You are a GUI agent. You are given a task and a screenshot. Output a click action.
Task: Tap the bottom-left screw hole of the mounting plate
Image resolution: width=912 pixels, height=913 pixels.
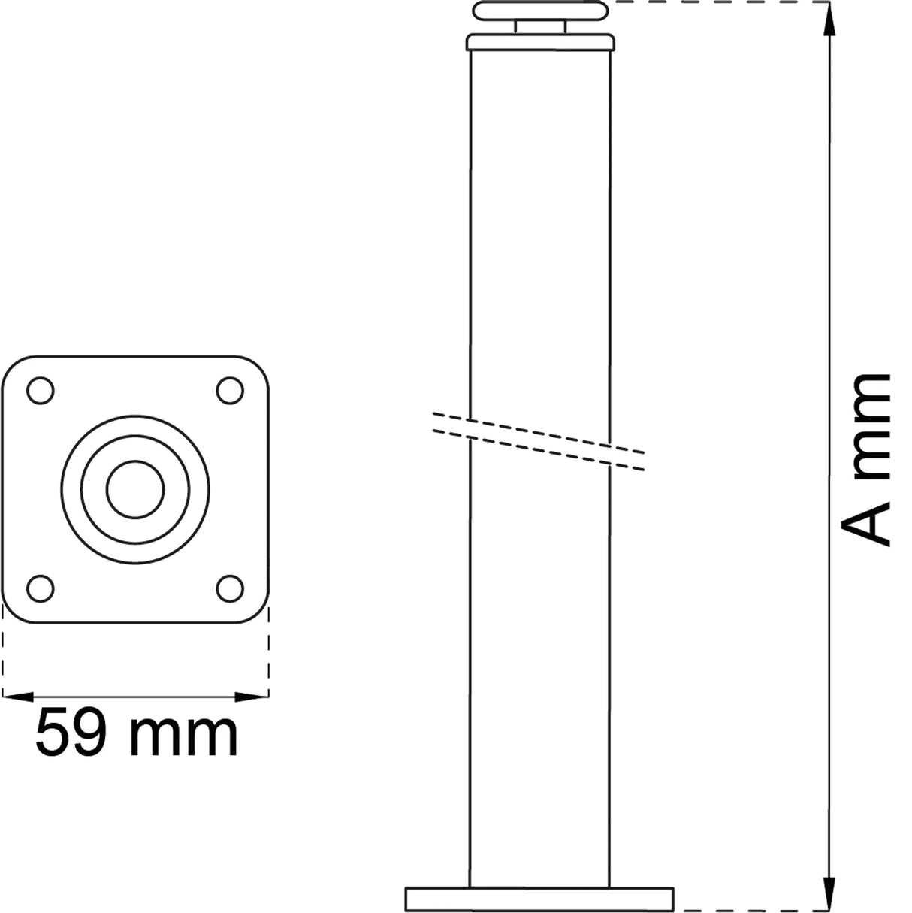point(40,588)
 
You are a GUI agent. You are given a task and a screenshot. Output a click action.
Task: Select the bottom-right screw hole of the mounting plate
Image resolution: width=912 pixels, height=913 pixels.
point(230,588)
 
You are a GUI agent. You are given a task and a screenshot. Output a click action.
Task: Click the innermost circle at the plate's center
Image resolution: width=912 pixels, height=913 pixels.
point(135,489)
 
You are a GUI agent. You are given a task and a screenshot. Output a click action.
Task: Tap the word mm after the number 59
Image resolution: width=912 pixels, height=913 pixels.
point(183,733)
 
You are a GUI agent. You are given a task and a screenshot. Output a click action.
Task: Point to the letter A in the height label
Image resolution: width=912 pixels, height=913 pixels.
point(865,519)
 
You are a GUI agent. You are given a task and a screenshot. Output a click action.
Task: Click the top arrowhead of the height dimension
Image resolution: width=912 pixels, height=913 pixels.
point(828,20)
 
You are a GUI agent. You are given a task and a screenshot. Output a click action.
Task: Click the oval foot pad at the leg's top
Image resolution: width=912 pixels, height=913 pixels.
point(539,11)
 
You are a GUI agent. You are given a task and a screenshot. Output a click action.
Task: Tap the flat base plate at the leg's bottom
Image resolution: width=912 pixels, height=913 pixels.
point(539,899)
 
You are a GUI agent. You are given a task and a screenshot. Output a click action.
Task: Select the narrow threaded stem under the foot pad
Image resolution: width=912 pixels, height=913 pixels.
point(539,27)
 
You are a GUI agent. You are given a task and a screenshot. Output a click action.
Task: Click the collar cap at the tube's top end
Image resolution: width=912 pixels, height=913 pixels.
point(539,42)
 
